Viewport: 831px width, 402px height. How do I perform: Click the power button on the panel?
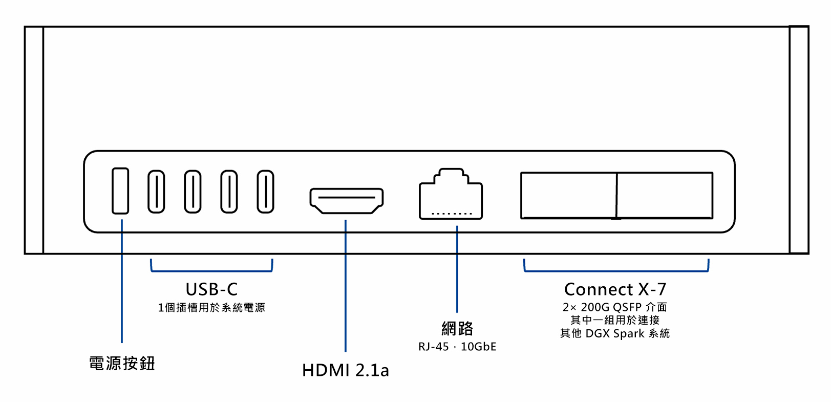(x=120, y=191)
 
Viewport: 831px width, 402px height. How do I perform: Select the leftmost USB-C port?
(x=156, y=192)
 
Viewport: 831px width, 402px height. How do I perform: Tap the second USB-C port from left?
(x=193, y=192)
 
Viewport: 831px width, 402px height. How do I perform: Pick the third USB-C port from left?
(x=229, y=192)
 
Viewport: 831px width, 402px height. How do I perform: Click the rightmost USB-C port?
(x=265, y=192)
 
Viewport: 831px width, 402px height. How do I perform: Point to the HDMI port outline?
(x=347, y=201)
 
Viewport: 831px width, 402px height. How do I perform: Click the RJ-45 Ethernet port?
(x=451, y=195)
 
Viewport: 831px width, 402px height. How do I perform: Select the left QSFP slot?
(x=568, y=196)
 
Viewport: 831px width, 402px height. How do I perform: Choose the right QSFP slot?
(x=665, y=196)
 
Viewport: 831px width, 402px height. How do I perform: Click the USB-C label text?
(x=211, y=289)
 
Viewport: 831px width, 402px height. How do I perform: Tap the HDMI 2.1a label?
(x=346, y=370)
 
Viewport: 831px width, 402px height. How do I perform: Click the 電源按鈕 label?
(x=122, y=364)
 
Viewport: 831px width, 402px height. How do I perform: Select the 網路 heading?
(x=457, y=328)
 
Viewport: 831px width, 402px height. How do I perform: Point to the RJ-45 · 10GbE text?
(x=457, y=347)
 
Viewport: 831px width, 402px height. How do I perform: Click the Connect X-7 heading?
(x=615, y=289)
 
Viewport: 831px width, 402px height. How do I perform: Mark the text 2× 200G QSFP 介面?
(x=615, y=307)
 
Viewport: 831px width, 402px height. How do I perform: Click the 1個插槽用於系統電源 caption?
(x=211, y=308)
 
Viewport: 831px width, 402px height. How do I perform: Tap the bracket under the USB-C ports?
(x=211, y=271)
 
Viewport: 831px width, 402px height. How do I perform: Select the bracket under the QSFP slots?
(x=616, y=271)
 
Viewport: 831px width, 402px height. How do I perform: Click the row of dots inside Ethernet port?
(x=452, y=214)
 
